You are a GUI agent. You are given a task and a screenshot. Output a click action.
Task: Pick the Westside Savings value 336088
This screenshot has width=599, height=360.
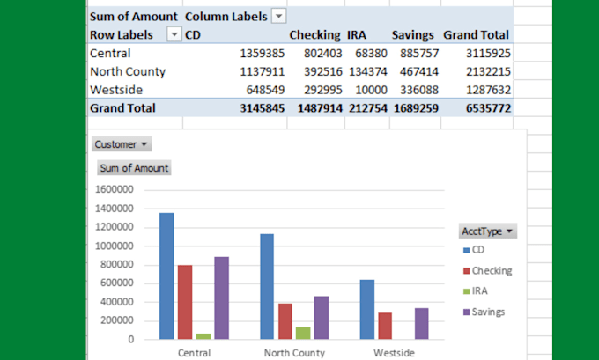click(x=412, y=90)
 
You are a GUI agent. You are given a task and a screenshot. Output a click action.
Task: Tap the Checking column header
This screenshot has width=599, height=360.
click(x=314, y=35)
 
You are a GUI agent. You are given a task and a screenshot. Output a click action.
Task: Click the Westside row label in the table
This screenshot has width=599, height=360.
click(x=116, y=90)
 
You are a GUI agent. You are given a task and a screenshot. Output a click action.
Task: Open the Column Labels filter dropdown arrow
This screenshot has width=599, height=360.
click(x=278, y=17)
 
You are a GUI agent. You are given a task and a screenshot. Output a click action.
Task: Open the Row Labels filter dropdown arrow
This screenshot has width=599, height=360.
click(x=174, y=35)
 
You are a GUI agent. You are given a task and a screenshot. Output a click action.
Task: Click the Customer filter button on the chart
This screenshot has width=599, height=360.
click(x=122, y=143)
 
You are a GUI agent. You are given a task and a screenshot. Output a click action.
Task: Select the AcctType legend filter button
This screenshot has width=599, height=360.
click(x=487, y=231)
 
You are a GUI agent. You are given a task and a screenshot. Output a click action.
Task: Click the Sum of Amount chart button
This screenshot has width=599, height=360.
click(x=134, y=168)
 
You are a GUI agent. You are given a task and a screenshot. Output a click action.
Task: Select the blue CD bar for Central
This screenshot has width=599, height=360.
click(x=166, y=276)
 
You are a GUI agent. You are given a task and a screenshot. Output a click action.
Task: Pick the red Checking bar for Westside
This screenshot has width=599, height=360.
click(x=385, y=325)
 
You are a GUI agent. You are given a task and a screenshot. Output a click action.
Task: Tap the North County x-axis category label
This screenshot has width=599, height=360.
click(x=294, y=352)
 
